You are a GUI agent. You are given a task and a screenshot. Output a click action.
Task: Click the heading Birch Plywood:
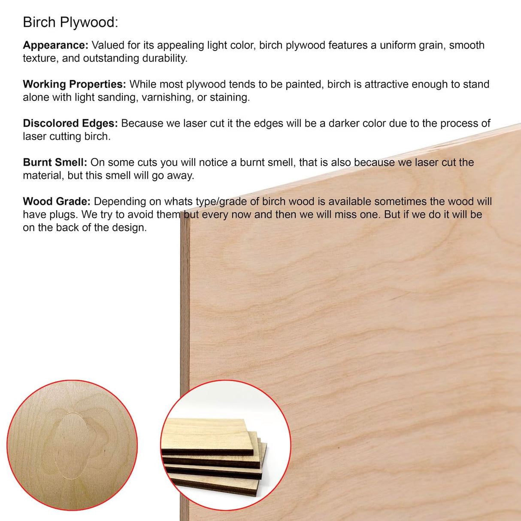tap(70, 22)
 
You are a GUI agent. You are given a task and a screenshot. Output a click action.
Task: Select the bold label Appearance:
tap(55, 45)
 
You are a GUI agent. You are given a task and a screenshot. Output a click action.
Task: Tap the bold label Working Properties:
tap(74, 85)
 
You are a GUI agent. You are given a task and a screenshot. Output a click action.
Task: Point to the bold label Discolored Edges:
tap(70, 124)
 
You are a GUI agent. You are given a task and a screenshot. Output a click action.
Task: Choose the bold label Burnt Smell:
tap(55, 163)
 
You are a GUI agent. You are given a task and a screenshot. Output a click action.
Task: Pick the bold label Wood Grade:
tap(57, 202)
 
